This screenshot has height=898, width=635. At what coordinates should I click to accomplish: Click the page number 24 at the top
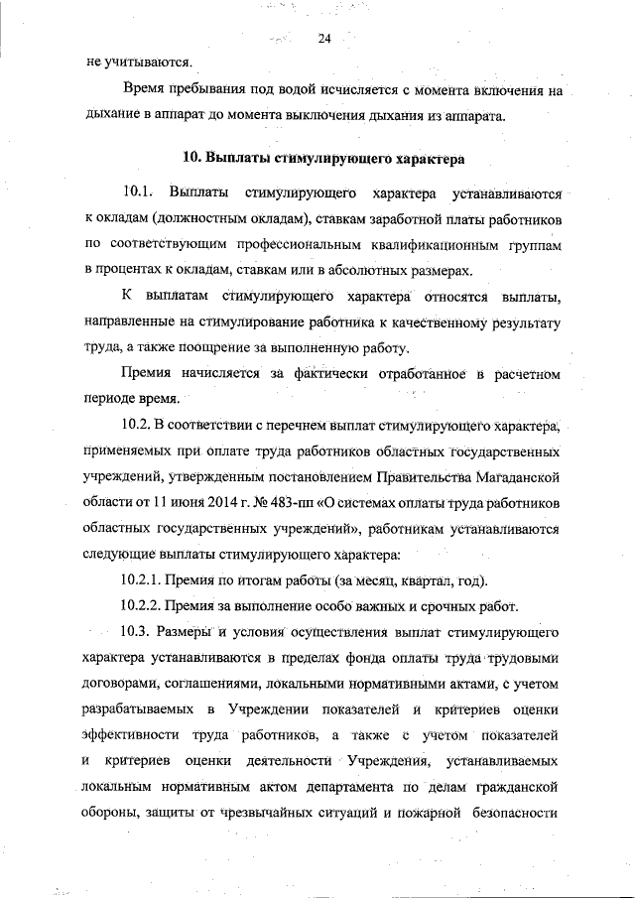[324, 40]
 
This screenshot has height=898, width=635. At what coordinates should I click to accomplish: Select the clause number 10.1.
[135, 191]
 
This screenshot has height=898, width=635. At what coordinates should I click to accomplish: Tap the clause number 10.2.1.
[143, 579]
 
